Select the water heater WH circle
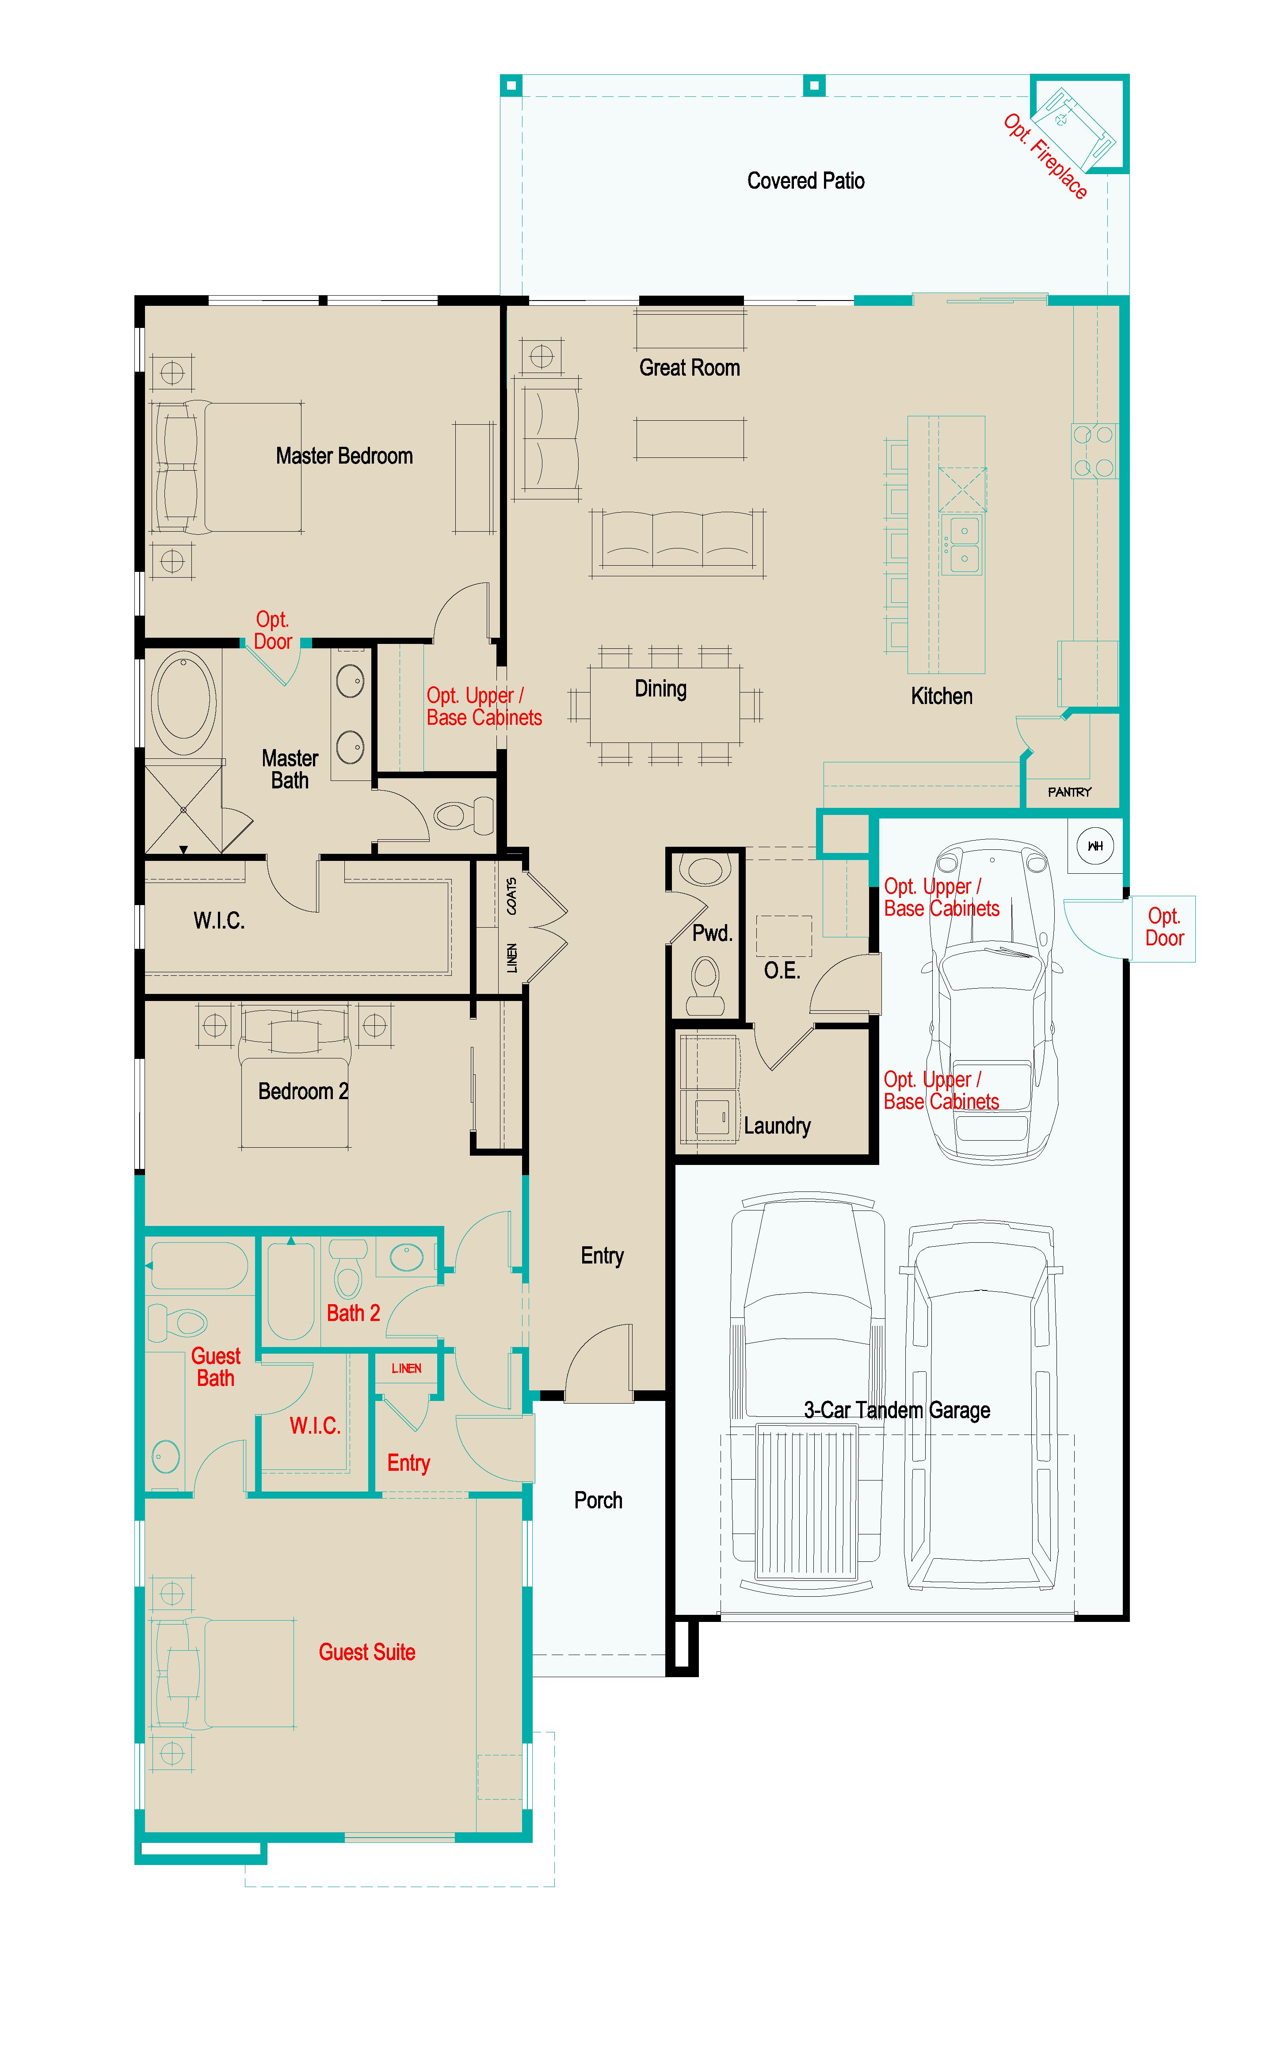tap(1095, 845)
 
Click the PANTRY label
tap(1069, 792)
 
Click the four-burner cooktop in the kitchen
tap(1094, 451)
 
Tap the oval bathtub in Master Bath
tap(183, 702)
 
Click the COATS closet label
tap(511, 896)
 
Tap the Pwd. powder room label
tap(711, 933)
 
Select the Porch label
tap(598, 1500)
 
